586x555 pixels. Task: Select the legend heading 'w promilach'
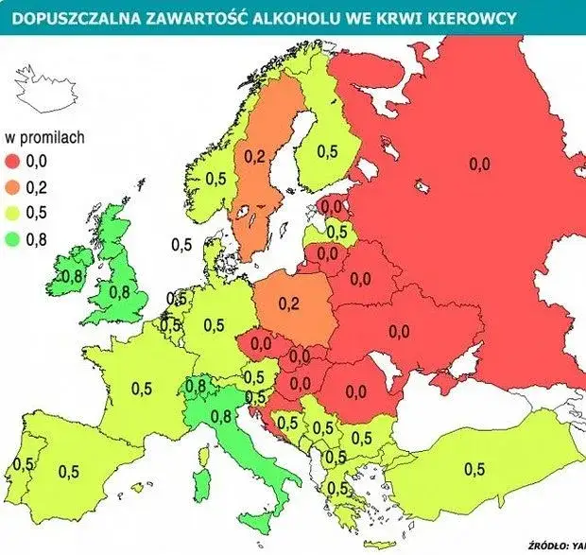click(x=45, y=136)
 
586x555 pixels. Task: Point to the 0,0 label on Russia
click(x=479, y=164)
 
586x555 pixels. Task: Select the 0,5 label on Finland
click(x=327, y=150)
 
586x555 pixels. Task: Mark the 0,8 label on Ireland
click(x=72, y=277)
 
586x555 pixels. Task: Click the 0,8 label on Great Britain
click(x=120, y=292)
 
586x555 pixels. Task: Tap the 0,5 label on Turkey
click(x=473, y=469)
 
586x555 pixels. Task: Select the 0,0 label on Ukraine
click(x=399, y=331)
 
